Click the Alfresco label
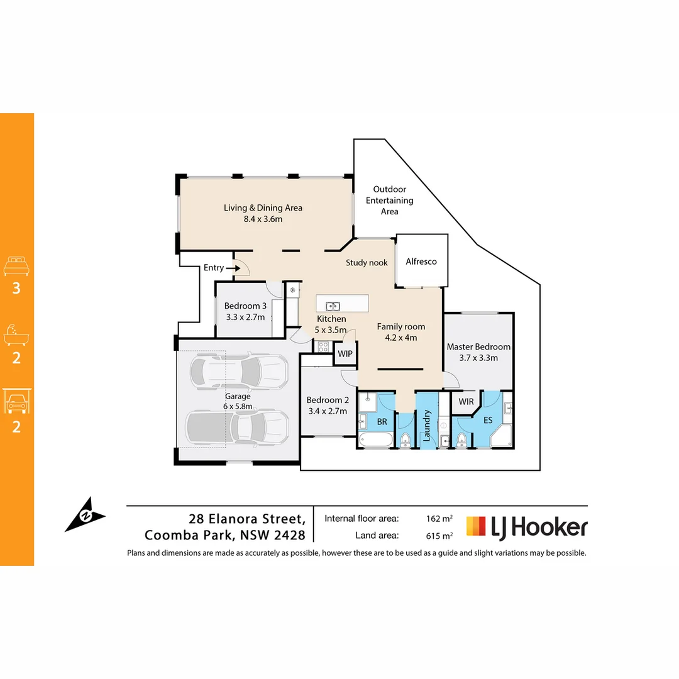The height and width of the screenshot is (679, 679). point(421,262)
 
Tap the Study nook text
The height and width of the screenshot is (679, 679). point(367,263)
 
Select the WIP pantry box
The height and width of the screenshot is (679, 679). point(345,354)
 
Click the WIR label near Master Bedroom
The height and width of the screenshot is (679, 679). point(466,401)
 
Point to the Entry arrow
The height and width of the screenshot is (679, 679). point(233,268)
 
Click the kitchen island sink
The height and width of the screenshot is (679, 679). point(333,306)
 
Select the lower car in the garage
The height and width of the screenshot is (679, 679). point(237,428)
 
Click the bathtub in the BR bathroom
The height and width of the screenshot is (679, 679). point(375,440)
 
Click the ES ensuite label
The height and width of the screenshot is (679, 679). point(488,421)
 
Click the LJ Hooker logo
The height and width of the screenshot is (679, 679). point(526,527)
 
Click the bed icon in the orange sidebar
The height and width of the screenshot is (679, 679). point(17,266)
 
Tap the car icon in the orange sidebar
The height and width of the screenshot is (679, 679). point(17,402)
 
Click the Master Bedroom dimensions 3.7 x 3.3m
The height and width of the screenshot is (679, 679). point(478,358)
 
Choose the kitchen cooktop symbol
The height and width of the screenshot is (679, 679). point(323,346)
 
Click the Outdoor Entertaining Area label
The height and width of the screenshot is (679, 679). point(390,200)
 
